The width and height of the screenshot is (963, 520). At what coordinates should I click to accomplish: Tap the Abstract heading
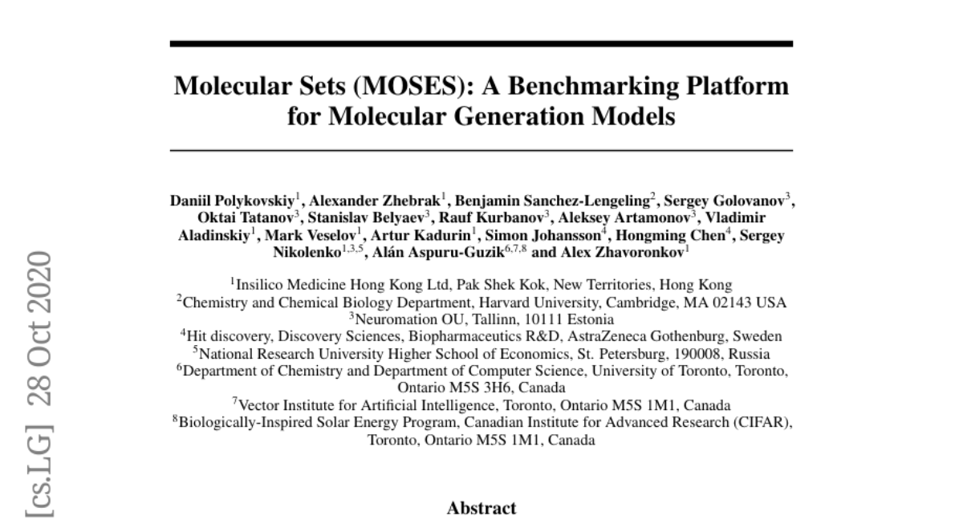tap(481, 508)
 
